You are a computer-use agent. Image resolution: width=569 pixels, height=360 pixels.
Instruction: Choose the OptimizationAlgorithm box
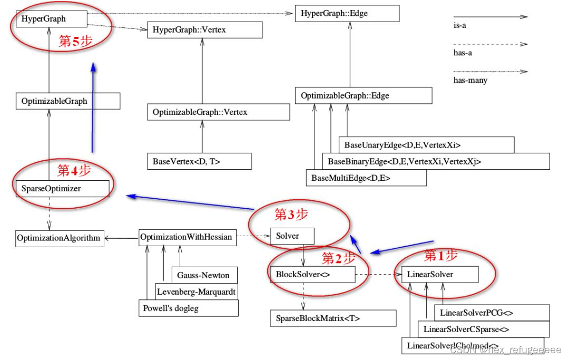pos(58,238)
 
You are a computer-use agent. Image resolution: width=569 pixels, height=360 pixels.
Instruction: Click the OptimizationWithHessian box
pos(186,237)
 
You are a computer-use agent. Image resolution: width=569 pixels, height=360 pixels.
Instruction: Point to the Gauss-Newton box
pos(203,275)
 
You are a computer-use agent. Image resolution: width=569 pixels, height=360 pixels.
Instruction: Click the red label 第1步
pos(441,256)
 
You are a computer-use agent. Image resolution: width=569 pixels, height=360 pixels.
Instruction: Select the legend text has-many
pos(470,80)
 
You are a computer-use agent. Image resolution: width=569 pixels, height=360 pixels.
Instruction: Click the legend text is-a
pos(460,25)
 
